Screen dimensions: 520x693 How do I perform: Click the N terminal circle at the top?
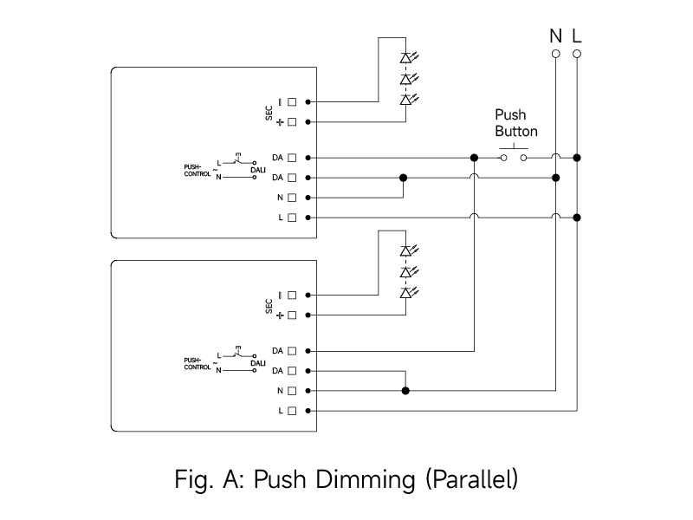[556, 54]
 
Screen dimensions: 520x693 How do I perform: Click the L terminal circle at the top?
[577, 54]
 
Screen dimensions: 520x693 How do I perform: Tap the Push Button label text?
[516, 123]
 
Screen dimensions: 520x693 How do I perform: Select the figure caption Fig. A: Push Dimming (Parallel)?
[346, 478]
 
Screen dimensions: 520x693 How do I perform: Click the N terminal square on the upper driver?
[292, 197]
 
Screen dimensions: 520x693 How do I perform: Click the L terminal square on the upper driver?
[292, 217]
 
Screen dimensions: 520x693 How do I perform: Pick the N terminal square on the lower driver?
[292, 390]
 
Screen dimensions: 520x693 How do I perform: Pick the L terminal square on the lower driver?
[292, 410]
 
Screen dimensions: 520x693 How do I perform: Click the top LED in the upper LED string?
[405, 58]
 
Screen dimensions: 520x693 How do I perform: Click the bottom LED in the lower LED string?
[405, 293]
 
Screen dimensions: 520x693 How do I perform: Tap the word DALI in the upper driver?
[257, 171]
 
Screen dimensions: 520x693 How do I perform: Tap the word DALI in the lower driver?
[257, 364]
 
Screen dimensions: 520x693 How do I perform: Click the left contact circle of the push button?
[503, 158]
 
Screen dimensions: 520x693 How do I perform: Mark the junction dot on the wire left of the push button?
[474, 158]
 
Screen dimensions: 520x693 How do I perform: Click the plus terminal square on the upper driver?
[292, 121]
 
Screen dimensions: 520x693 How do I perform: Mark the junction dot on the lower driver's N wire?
[405, 390]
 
